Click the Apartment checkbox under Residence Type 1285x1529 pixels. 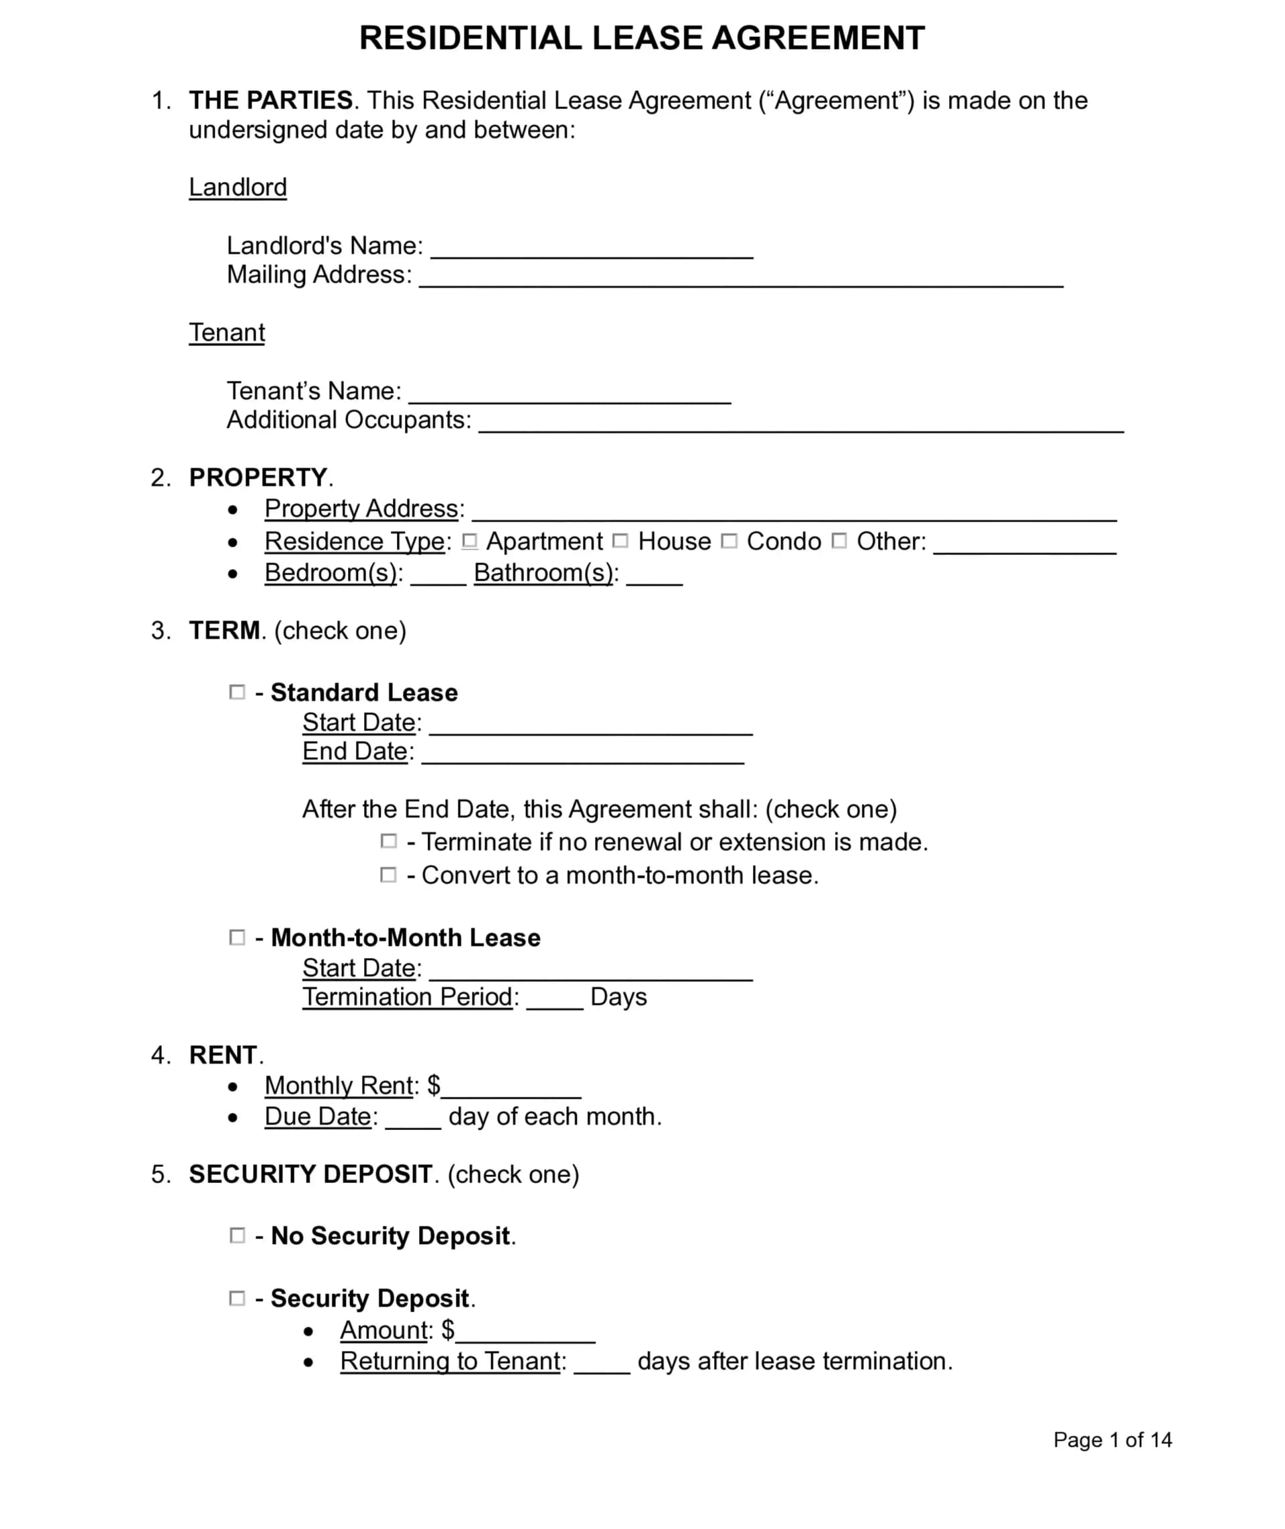(470, 541)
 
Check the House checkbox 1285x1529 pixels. (620, 541)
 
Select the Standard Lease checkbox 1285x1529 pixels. (238, 692)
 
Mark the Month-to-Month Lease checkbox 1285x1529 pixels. (238, 937)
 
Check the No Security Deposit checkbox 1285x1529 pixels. (238, 1235)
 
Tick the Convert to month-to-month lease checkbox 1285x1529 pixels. (389, 875)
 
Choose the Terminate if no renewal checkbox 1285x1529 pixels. (389, 842)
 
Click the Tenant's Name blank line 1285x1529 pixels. (570, 394)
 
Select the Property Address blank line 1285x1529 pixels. (794, 511)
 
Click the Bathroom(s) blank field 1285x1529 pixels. (654, 576)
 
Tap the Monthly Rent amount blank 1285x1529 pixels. (511, 1089)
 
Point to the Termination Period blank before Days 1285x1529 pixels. (554, 999)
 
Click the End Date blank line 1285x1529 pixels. (583, 754)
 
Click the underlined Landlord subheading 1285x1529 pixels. (238, 187)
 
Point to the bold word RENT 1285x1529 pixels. (223, 1055)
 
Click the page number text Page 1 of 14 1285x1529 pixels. (1112, 1439)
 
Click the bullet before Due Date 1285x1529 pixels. (232, 1117)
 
